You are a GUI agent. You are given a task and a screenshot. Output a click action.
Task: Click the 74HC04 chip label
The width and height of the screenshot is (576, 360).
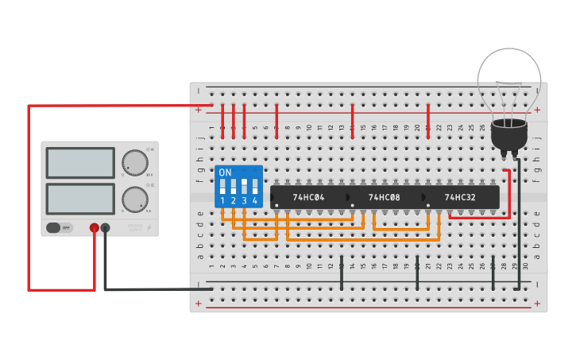click(308, 197)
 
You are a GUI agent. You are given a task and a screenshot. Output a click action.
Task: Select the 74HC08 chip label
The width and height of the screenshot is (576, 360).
click(384, 197)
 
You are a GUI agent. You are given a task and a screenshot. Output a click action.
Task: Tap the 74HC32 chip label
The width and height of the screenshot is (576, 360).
click(460, 197)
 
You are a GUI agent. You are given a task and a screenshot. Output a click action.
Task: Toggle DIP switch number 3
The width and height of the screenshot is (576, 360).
click(244, 188)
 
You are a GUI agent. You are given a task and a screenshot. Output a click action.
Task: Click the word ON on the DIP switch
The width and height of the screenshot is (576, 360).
click(225, 172)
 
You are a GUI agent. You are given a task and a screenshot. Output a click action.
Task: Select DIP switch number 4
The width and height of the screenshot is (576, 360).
click(255, 188)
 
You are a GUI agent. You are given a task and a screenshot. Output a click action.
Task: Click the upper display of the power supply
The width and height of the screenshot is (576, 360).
click(80, 162)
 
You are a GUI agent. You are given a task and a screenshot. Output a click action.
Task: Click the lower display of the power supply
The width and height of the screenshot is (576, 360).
click(80, 198)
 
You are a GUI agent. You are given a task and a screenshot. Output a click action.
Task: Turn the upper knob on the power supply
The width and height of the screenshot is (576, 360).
click(135, 163)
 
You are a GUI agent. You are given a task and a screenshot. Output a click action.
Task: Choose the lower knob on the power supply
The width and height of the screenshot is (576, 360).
click(135, 199)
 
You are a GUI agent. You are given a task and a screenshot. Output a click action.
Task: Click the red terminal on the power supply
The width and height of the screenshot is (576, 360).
click(94, 228)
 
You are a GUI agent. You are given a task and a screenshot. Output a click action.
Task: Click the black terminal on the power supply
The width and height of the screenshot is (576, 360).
click(105, 228)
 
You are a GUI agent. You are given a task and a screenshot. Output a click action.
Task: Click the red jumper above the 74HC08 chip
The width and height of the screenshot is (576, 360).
click(352, 119)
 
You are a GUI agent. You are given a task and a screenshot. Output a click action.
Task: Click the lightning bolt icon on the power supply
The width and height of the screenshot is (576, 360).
click(149, 228)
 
